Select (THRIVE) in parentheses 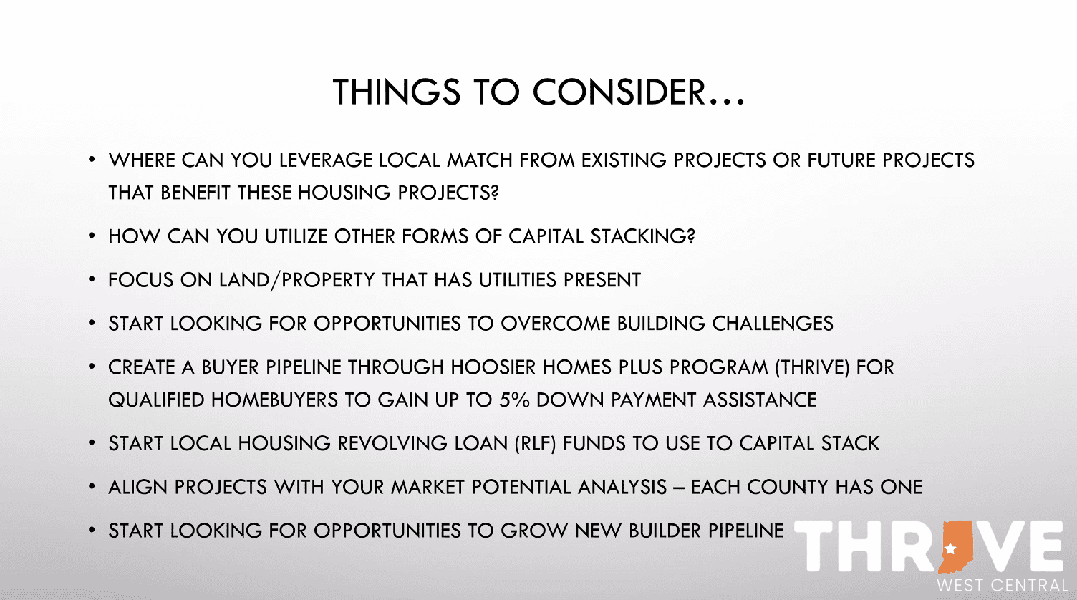tap(811, 367)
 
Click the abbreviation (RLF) tap(535, 443)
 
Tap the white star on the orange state tap(950, 549)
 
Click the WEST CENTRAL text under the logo tap(1002, 585)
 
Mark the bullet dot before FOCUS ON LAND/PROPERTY tap(92, 279)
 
